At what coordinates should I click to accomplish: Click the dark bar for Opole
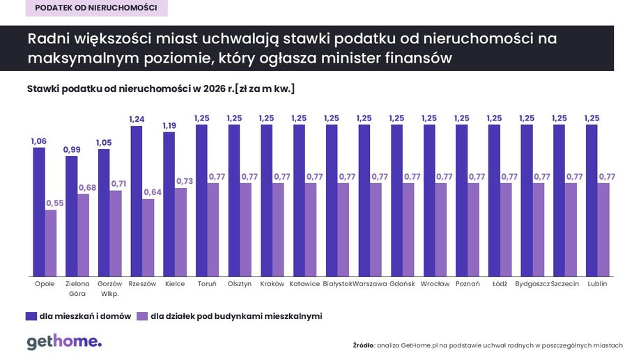click(x=39, y=212)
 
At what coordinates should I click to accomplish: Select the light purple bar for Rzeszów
click(x=148, y=237)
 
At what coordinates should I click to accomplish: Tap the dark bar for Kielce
click(x=169, y=204)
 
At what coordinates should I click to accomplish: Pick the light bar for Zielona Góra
click(x=83, y=235)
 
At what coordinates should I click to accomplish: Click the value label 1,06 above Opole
click(x=39, y=141)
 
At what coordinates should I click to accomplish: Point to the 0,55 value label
click(x=54, y=203)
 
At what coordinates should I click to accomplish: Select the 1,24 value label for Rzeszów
click(x=137, y=120)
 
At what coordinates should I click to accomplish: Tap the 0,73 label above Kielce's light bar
click(x=183, y=181)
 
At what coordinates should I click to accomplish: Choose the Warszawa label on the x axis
click(x=370, y=284)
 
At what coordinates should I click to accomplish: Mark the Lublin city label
click(x=597, y=284)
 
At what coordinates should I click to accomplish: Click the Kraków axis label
click(x=272, y=284)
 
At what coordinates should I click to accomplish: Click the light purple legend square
click(x=141, y=316)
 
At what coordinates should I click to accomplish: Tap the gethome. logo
click(x=64, y=342)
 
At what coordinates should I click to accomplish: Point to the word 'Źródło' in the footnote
click(x=364, y=345)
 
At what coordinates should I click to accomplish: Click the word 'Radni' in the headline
click(x=47, y=40)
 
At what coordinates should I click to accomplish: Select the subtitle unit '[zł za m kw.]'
click(x=265, y=88)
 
